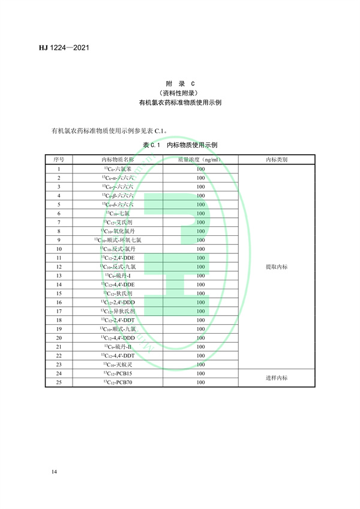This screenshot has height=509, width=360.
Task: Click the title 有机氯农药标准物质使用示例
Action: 179,103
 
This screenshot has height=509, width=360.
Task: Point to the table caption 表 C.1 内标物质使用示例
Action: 179,145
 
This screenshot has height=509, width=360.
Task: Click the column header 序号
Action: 59,160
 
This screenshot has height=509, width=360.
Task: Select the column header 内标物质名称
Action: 118,160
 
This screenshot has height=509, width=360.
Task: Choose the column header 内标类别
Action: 276,160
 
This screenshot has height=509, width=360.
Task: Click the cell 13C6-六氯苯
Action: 118,169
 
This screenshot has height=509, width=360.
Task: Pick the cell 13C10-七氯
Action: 118,214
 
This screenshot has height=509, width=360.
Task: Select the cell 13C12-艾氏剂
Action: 118,222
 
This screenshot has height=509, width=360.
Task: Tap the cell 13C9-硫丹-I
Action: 118,276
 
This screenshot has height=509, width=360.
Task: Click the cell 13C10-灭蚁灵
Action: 118,364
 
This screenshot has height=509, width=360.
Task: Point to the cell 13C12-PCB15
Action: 118,373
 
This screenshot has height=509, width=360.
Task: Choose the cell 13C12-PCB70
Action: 118,382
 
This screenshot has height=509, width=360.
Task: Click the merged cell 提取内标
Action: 276,267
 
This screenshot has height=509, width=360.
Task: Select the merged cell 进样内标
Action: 276,378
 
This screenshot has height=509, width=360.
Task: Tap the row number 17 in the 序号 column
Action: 59,311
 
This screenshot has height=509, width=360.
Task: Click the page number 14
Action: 55,474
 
